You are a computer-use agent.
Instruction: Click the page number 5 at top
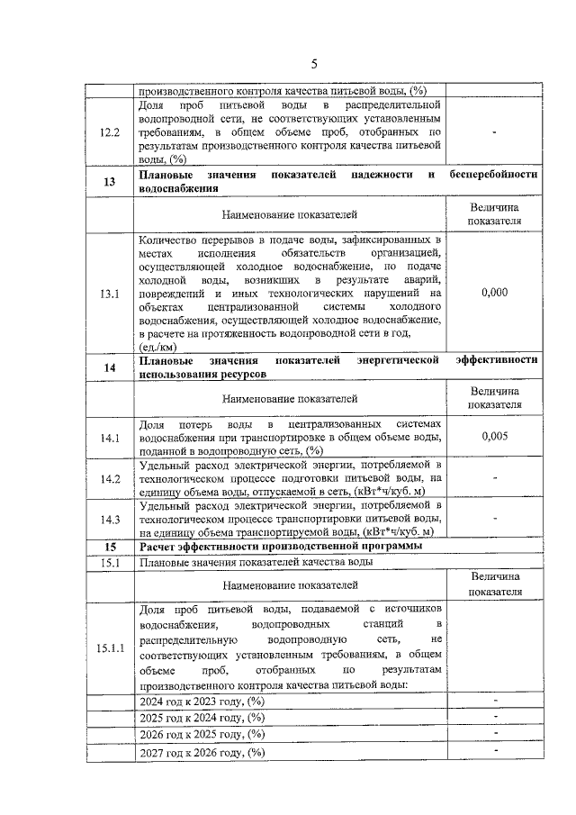coord(314,63)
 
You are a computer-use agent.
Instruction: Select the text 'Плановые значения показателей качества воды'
coord(256,564)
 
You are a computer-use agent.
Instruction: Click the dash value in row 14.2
coord(494,478)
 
